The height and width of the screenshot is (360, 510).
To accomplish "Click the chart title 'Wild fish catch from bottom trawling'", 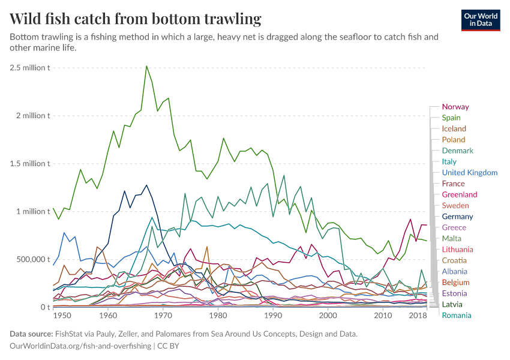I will (x=136, y=19).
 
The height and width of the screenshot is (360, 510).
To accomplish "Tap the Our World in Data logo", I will (x=480, y=20).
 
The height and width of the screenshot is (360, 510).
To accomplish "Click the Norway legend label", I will (x=455, y=107).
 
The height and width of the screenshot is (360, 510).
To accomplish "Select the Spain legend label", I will (x=451, y=118).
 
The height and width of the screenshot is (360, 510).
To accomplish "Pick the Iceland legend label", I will (x=454, y=128).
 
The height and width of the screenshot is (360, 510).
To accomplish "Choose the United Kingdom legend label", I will (x=469, y=173).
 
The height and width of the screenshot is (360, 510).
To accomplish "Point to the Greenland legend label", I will (x=459, y=194).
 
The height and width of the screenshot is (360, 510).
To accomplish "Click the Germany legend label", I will (x=457, y=217).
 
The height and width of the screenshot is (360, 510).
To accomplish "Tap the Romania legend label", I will (x=456, y=316).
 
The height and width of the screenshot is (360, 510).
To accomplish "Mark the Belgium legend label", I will (x=455, y=282).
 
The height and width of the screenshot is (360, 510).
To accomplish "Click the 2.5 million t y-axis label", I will (x=29, y=67).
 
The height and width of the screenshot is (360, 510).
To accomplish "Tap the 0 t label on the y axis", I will (x=45, y=307).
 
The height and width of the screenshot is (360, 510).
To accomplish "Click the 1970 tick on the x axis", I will (x=163, y=316).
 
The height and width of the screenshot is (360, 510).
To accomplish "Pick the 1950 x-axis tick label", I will (x=62, y=316).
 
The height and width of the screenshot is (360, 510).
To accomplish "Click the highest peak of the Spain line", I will (x=146, y=66).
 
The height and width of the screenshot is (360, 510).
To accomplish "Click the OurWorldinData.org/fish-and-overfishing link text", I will (x=81, y=346).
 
